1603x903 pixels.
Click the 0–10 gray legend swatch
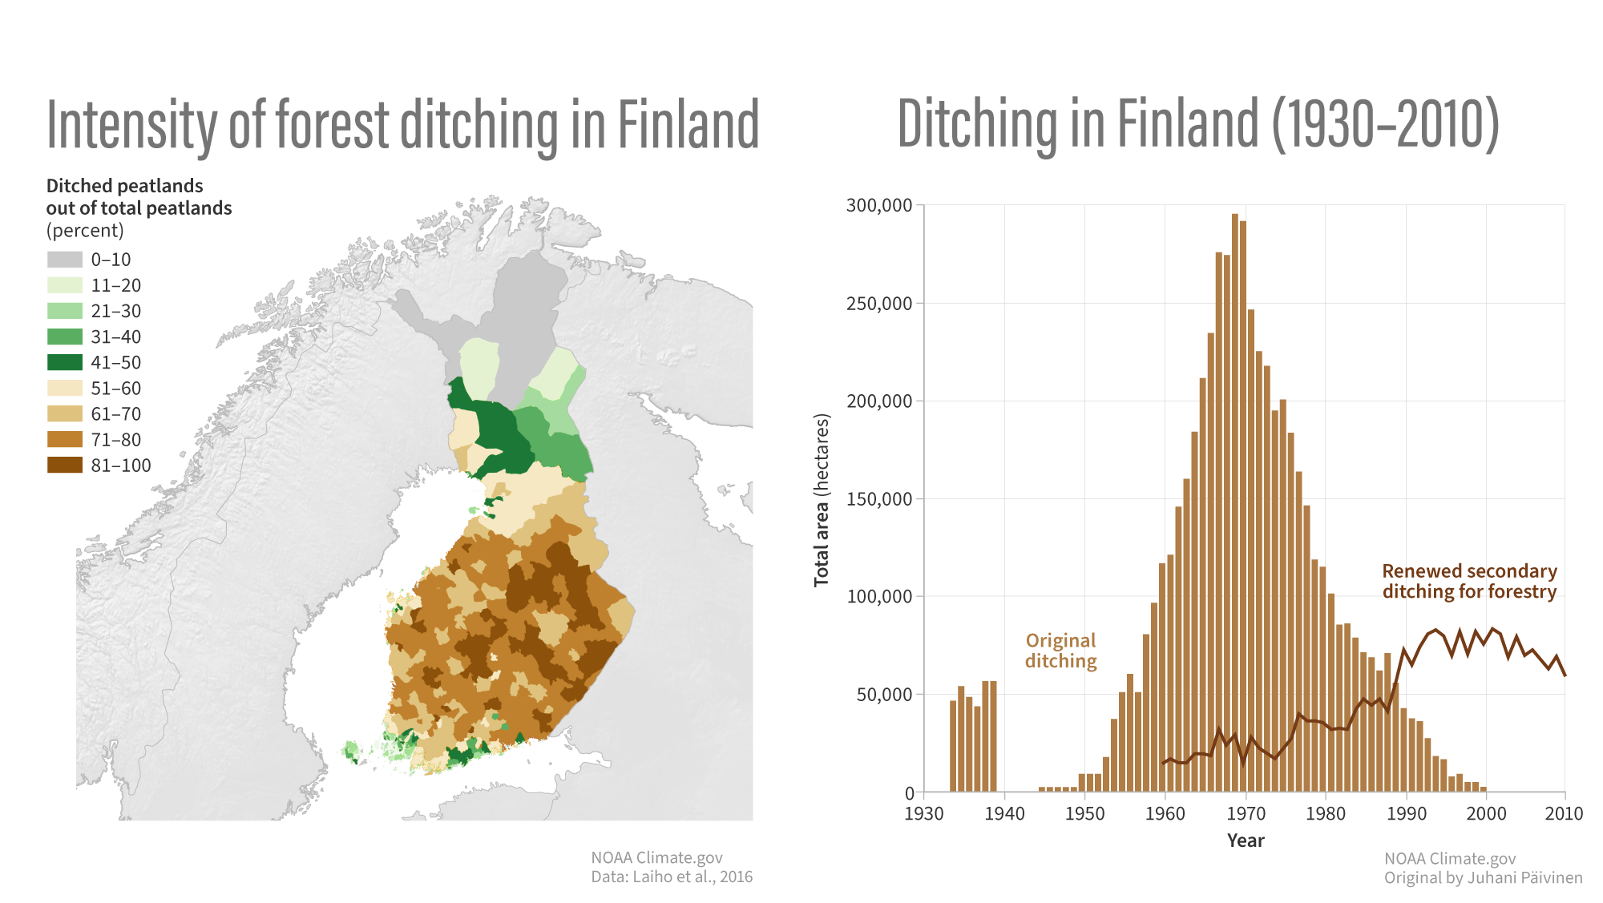pos(64,260)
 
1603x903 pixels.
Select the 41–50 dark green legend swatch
pos(64,362)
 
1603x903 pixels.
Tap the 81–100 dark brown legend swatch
pos(64,466)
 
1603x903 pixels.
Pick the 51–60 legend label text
pos(115,389)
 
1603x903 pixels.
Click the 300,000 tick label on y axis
pos(879,206)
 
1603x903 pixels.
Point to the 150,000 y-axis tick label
pos(879,499)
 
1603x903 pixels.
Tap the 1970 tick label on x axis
pos(1246,814)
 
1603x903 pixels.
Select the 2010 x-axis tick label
pos(1564,814)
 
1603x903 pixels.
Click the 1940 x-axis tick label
pos(1004,814)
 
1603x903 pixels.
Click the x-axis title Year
pos(1245,841)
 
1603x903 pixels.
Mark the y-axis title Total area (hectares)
pos(822,500)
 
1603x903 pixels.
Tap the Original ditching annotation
pos(1060,651)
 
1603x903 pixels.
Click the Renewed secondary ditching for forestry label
pos(1469,581)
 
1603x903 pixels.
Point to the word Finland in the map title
pos(688,126)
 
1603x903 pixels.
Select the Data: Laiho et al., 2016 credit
pos(672,877)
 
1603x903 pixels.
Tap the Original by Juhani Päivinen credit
pos(1483,877)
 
